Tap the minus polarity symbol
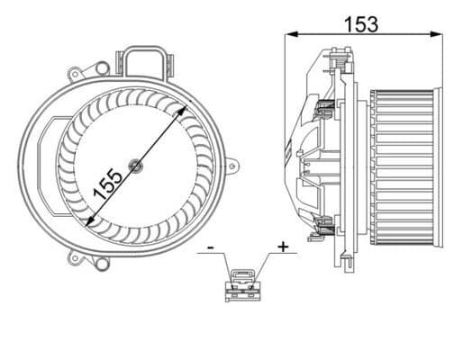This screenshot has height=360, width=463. tap(209, 244)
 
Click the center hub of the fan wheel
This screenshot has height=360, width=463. tap(135, 165)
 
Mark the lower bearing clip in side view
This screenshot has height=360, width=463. tap(324, 225)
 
